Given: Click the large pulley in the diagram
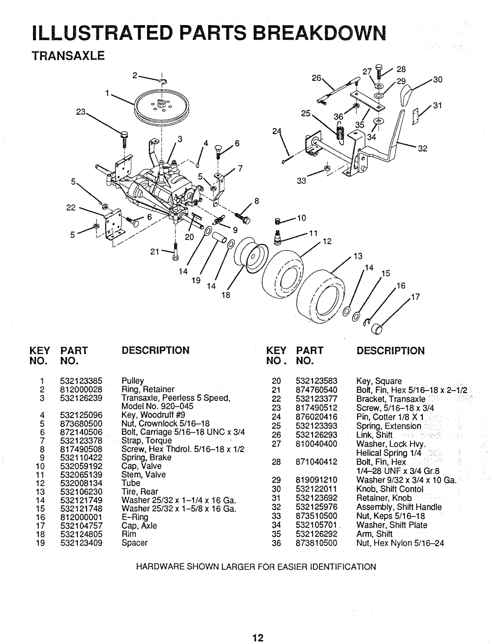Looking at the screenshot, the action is coord(162,106).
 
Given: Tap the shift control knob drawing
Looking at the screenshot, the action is coord(406,95).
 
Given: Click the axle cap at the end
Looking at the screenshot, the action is coord(377,329).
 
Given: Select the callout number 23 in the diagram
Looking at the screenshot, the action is coord(81,112).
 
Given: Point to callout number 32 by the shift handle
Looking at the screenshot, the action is coord(422,149).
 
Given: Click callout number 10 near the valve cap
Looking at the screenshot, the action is coord(302,218).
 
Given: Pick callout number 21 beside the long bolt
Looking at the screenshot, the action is coord(154,252).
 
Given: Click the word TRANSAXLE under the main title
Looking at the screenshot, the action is coord(68,56).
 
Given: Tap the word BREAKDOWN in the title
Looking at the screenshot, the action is coord(319,33).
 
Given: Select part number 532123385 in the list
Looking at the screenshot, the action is coord(81,381).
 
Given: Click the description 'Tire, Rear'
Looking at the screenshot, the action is coord(140,491).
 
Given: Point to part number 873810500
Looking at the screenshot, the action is coord(317,543).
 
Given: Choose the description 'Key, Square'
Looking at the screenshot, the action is coord(379,381).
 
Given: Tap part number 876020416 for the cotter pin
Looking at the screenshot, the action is coord(317,417).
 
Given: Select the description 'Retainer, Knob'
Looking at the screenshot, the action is coord(384,498).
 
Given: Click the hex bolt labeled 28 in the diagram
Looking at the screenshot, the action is coord(379,71).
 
